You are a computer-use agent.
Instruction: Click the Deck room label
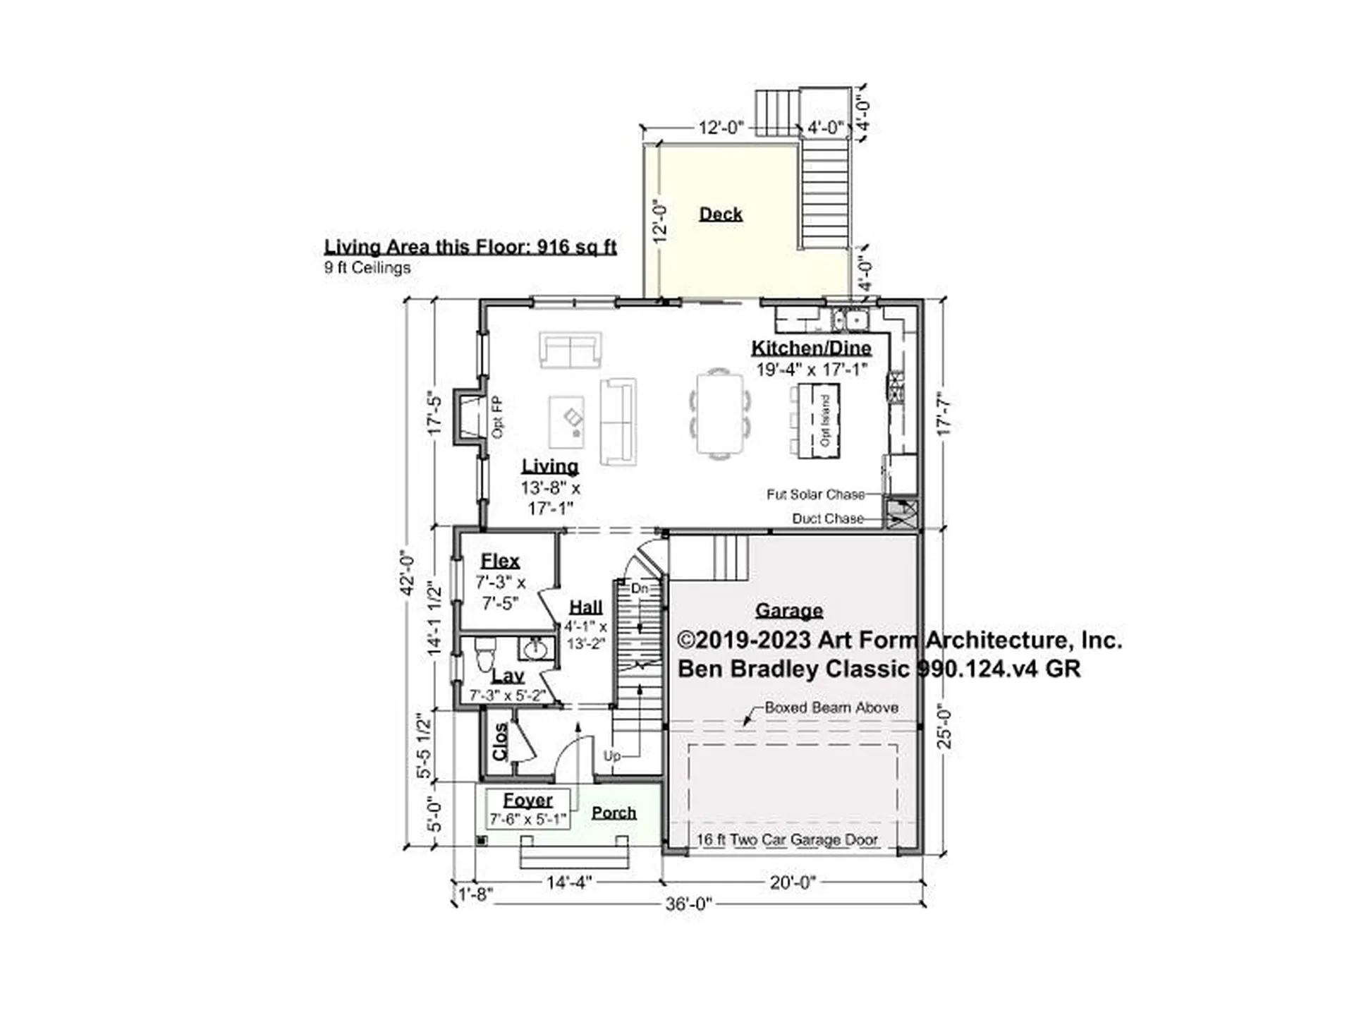(721, 214)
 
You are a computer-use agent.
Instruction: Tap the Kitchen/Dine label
(811, 348)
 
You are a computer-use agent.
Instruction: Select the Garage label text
(789, 610)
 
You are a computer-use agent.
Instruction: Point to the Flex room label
(500, 561)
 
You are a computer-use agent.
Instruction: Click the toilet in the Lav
(484, 655)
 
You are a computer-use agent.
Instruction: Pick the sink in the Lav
(535, 648)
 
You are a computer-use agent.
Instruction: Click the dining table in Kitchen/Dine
(720, 414)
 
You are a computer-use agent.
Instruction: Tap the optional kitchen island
(819, 420)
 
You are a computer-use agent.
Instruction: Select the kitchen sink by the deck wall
(850, 320)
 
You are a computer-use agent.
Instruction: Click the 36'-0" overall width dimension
(688, 904)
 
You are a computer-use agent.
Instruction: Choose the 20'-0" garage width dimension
(793, 882)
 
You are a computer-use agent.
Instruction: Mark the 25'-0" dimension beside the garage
(944, 728)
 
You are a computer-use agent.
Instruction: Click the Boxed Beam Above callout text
(831, 707)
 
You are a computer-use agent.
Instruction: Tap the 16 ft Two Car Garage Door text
(787, 839)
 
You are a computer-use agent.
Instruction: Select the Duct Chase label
(828, 518)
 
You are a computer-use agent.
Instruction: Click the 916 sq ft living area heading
(470, 247)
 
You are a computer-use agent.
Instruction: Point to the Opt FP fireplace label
(498, 417)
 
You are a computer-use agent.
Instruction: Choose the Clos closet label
(500, 742)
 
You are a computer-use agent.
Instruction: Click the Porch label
(614, 813)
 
